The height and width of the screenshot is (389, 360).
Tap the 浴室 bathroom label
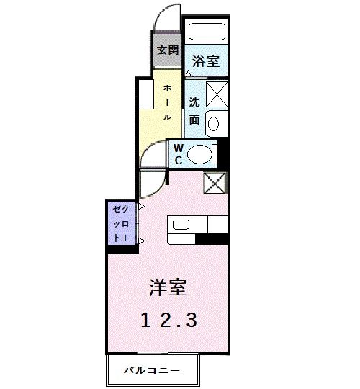point(206,61)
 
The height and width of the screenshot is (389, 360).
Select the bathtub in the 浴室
point(207,33)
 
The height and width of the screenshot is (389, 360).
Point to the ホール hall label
point(167,102)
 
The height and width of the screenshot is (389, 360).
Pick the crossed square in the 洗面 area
point(216,94)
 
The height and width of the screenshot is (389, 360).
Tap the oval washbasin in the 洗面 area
point(215,123)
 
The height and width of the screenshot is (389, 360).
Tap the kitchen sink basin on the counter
point(181,225)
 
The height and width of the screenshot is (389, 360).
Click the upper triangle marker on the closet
point(141,207)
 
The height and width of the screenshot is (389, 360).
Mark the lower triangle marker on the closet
point(141,241)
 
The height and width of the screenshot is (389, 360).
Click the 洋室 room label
point(168,289)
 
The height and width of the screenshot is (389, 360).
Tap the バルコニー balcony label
point(150,370)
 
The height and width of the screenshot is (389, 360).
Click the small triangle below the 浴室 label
point(188,73)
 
